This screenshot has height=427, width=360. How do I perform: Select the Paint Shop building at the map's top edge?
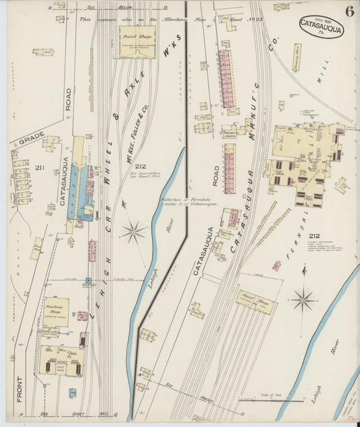point(138,41)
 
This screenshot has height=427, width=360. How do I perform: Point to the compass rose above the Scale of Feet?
point(303,298)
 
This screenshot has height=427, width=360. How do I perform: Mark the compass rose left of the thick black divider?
point(133,232)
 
